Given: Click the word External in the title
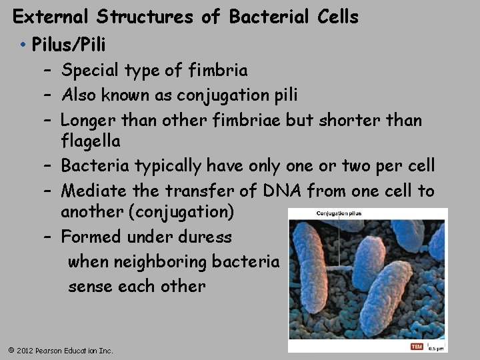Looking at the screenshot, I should coord(45,17).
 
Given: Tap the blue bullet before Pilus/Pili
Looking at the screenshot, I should coord(23,45).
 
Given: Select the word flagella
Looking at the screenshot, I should coord(91,141).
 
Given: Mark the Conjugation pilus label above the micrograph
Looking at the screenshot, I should coord(339,213).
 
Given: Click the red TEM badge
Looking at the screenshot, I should coord(417,347).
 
